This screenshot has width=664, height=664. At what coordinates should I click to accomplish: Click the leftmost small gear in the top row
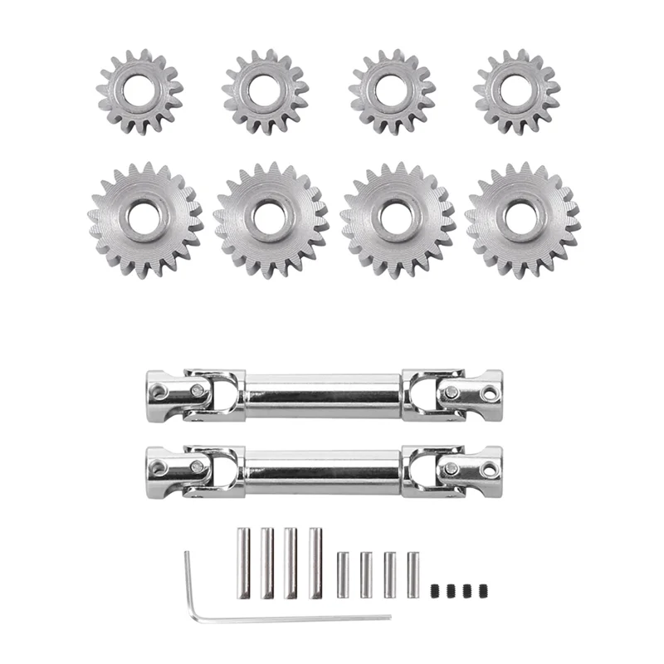point(139,91)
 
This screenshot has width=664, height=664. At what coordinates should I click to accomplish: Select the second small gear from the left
point(265,91)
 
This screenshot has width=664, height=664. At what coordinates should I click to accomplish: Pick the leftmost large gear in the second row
point(145,220)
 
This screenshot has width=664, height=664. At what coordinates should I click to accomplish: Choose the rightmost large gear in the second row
point(523,220)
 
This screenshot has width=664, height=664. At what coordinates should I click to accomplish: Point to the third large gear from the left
point(398,220)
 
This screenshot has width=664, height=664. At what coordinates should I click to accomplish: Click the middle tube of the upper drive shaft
point(324,393)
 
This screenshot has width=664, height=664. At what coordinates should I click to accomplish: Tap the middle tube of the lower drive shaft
point(324,471)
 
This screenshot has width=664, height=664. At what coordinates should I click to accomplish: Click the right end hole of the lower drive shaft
point(489,470)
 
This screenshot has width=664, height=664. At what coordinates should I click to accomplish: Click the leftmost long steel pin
point(244,563)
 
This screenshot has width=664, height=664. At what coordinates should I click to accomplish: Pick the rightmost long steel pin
point(315,563)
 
